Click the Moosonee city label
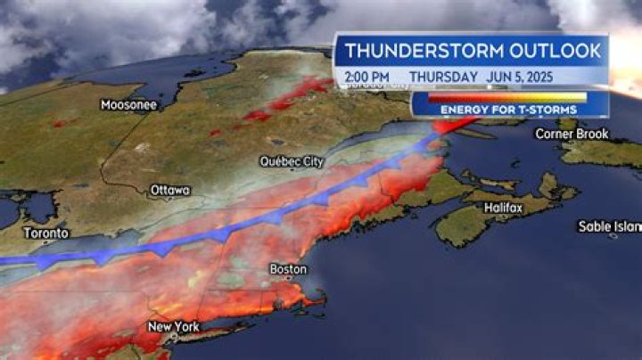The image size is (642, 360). tap(129, 105)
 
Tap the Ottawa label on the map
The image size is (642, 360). tap(170, 190)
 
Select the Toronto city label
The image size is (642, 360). tap(45, 233)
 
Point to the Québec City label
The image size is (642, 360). tap(291, 162)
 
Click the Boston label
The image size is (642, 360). tap(288, 269)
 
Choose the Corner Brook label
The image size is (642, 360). tap(572, 134)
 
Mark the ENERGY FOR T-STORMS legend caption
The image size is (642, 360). tap(508, 110)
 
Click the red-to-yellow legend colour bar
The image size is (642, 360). tap(508, 96)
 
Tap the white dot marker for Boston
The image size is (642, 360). tap(287, 258)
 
